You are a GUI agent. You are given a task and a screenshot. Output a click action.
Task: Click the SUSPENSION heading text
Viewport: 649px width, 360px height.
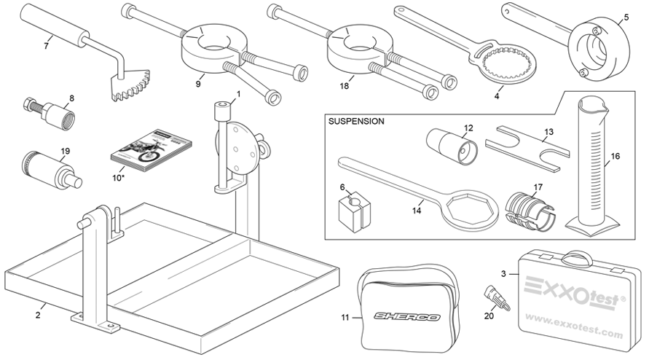(357, 121)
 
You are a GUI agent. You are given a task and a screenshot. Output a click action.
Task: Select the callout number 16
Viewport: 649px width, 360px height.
(616, 156)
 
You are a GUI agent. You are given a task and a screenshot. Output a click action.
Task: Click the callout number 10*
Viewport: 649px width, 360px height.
(117, 177)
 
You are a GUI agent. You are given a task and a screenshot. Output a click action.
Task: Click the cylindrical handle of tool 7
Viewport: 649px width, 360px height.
(54, 27)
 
